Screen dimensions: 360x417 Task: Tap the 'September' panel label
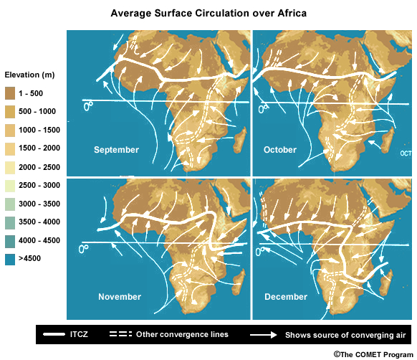coord(117,150)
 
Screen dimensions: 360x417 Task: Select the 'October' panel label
coord(280,150)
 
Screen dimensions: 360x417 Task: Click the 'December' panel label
coord(286,296)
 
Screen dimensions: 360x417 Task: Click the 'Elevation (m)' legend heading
coord(29,75)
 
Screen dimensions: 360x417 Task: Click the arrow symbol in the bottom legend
coord(263,335)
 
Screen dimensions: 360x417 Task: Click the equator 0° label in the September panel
coord(88,105)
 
